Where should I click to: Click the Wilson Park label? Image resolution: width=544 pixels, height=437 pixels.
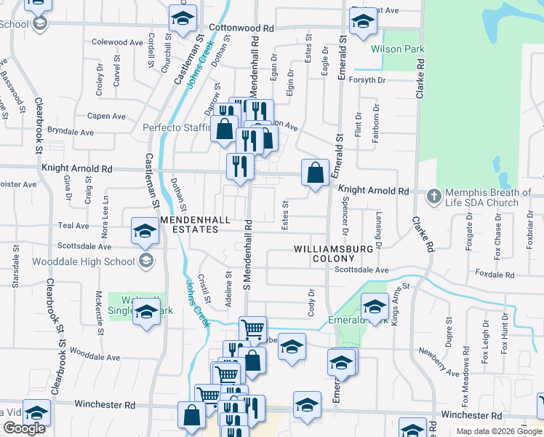398,50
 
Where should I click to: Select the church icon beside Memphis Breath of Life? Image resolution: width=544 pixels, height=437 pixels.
433,196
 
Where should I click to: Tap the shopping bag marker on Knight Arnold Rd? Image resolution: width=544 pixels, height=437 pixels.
315,174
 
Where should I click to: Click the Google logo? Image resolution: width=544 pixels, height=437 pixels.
24,428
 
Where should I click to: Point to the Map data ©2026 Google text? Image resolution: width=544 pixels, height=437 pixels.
499,431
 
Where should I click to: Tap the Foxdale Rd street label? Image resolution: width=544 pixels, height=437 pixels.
495,274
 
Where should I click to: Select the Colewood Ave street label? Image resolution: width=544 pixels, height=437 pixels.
117,43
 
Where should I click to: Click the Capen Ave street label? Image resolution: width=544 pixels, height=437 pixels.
106,116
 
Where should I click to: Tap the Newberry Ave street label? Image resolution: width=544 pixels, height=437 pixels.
439,362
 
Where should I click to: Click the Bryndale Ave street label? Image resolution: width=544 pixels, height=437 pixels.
71,133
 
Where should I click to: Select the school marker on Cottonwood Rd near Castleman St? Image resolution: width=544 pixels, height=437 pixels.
183,17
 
